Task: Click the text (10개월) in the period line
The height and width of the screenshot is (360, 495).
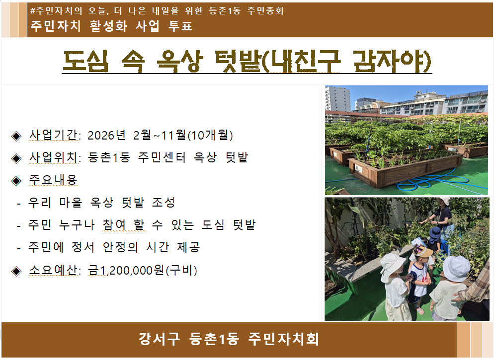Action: tap(211, 136)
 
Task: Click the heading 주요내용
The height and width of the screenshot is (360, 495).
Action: tap(53, 180)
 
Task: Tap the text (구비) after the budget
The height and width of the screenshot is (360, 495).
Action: tap(182, 271)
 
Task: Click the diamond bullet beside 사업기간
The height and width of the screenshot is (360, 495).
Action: tap(16, 136)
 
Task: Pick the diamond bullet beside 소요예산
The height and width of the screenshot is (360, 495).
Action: tap(16, 271)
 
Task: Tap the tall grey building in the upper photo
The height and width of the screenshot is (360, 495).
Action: tap(338, 98)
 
